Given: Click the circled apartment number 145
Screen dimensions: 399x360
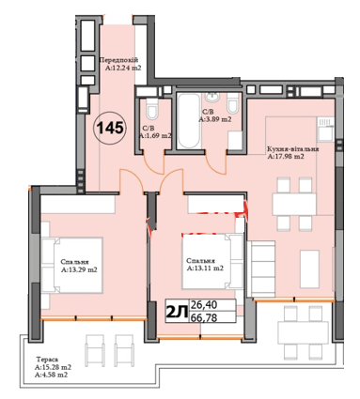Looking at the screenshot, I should coord(112,127).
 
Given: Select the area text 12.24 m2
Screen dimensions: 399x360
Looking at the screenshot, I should coord(127,69).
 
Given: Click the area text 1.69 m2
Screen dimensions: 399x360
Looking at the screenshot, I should coord(159,136).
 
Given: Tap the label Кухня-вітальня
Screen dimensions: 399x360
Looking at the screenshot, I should coord(293,149).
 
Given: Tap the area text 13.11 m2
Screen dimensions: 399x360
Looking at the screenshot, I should coord(207,269).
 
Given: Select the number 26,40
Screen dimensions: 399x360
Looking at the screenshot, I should coord(206,304).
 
